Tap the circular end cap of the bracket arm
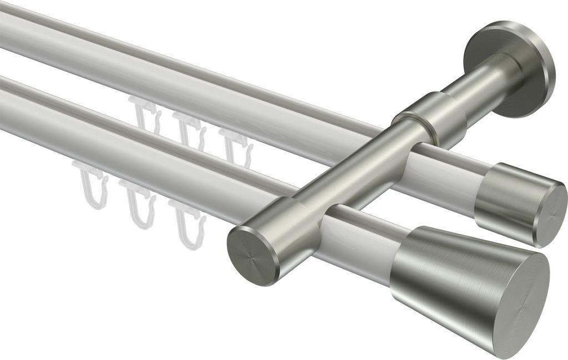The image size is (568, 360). pos(252,255)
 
